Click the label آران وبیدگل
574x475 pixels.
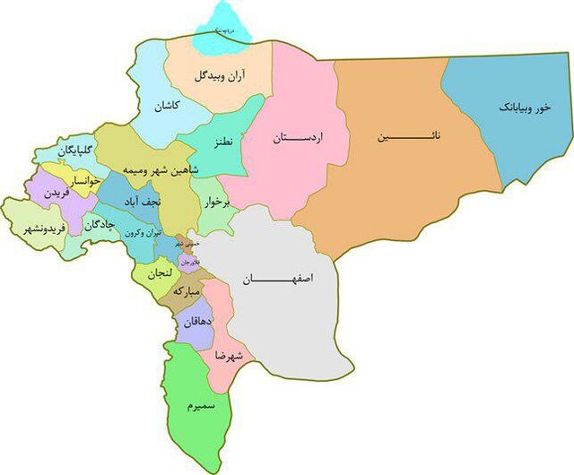[220, 77]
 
